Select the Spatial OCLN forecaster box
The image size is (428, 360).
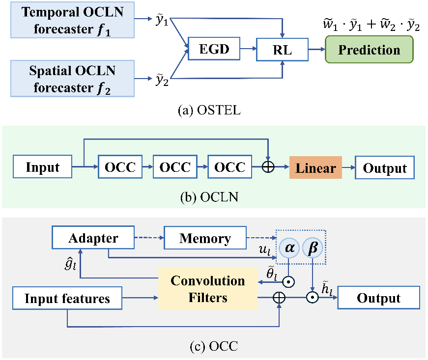coord(72,79)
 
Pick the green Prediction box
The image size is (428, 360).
coord(369,50)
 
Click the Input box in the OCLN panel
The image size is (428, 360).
coord(42,167)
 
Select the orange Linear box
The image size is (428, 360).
coord(315,168)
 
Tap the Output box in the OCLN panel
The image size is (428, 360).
coord(385,168)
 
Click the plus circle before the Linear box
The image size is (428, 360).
coord(268,167)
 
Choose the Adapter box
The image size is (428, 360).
coord(93,239)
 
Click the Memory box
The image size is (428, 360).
coord(205,239)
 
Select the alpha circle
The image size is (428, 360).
coord(290,249)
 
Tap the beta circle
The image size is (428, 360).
coord(313,249)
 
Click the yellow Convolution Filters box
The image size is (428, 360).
coord(207,288)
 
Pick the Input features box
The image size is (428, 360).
coord(67,298)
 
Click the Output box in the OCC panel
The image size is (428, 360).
coord(378,298)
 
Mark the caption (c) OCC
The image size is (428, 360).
coord(213,347)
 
